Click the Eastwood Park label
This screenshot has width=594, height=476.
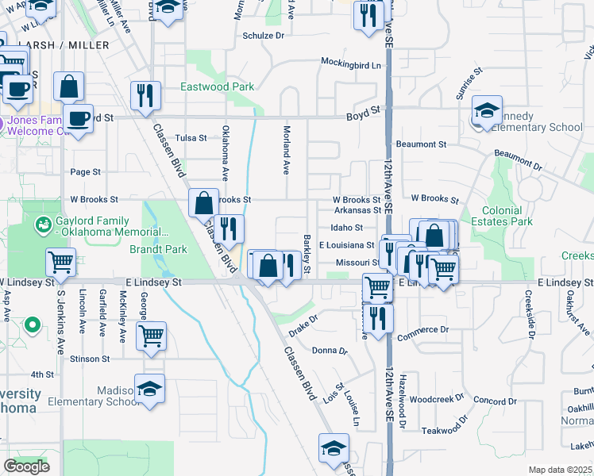coord(217,86)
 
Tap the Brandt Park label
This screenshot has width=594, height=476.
coord(158,249)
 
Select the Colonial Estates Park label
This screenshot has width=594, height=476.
coord(507,217)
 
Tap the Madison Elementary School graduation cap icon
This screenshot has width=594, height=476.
coord(149,388)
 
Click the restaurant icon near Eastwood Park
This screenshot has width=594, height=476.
coord(145,96)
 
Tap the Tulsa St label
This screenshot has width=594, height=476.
coord(191,137)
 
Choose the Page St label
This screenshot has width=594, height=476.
coord(86,171)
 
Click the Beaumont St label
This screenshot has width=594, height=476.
coord(422,144)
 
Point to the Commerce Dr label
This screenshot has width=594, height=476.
coord(422,329)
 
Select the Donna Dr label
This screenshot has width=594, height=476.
coord(330,350)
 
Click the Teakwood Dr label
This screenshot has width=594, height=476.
coord(441,430)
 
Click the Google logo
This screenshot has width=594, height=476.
coord(26,466)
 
